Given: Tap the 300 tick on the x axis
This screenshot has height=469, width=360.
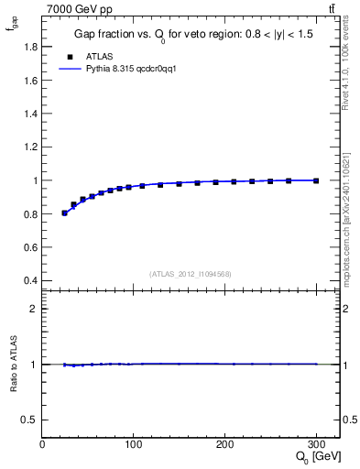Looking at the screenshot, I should point(316,444).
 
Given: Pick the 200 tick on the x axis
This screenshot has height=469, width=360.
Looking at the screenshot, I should point(224,444).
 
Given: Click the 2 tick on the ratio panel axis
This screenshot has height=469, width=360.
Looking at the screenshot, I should point(34,309).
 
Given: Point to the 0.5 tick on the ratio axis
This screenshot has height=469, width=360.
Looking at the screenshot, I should point(30,420).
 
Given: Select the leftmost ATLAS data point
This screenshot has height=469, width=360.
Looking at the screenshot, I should point(64,213).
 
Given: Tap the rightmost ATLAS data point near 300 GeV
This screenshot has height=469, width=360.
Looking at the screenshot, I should point(316,180).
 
